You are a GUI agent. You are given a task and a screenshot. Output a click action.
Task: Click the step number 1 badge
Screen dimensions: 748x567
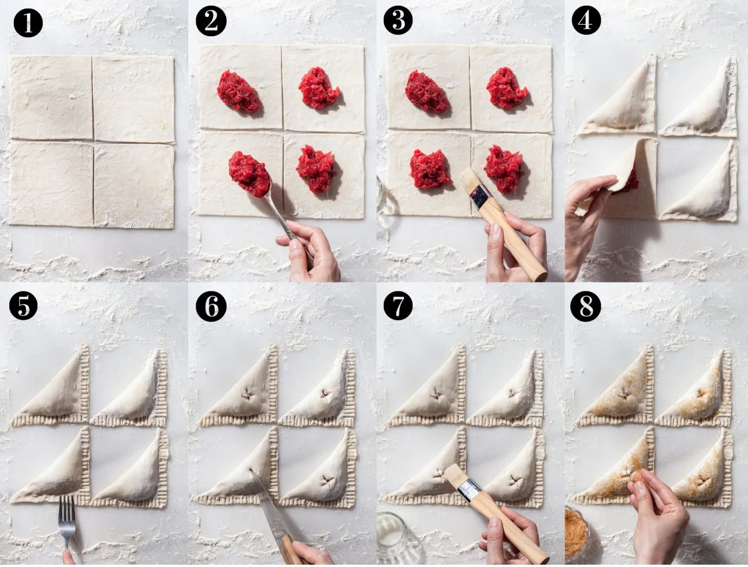point(28,23)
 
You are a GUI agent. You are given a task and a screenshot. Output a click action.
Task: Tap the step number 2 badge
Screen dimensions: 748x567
point(211,21)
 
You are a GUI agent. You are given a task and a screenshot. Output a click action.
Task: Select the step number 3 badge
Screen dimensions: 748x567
point(398,20)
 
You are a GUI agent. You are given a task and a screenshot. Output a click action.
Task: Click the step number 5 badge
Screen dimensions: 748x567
point(23,306)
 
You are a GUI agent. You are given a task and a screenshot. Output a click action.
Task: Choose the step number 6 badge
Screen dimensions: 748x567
point(211,307)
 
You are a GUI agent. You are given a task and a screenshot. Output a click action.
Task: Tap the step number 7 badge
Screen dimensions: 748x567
point(398,306)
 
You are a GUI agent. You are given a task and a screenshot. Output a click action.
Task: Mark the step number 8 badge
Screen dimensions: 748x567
point(586,307)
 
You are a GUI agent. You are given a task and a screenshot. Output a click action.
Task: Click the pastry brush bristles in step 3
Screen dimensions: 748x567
point(471,183)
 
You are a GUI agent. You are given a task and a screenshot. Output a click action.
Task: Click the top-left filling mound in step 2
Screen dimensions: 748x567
point(239,91)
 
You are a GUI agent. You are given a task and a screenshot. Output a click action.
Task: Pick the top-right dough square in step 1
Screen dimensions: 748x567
point(133,99)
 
